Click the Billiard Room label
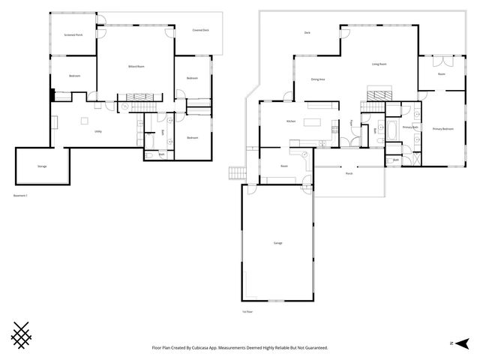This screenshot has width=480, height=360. pyautogui.click(x=136, y=67)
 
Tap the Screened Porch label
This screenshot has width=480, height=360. pyautogui.click(x=73, y=34)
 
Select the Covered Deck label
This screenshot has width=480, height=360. pyautogui.click(x=200, y=31)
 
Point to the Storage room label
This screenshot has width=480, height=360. pyautogui.click(x=42, y=166)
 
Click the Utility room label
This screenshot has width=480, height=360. pyautogui.click(x=98, y=131)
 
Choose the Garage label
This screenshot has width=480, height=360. pyautogui.click(x=277, y=243)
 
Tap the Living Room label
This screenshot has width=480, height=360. pyautogui.click(x=379, y=64)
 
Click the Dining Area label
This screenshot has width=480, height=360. pyautogui.click(x=317, y=79)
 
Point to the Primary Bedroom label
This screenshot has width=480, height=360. pyautogui.click(x=442, y=129)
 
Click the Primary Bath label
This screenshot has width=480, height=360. pyautogui.click(x=409, y=127)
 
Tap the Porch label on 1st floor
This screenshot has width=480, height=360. pyautogui.click(x=349, y=173)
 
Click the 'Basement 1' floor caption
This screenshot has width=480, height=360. pyautogui.click(x=20, y=196)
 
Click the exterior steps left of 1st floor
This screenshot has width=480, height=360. pyautogui.click(x=236, y=173)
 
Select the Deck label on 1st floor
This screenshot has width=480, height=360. pyautogui.click(x=307, y=33)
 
